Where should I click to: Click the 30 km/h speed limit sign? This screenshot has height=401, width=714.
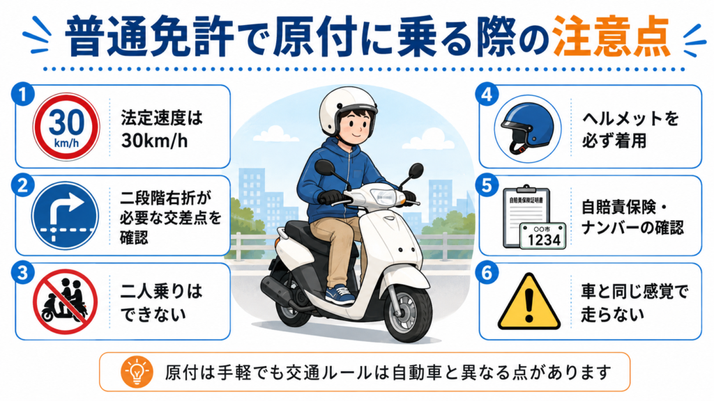click(66, 127)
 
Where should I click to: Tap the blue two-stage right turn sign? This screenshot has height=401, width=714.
click(65, 216)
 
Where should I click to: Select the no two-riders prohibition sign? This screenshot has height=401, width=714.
click(65, 301)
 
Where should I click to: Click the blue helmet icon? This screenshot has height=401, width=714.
click(527, 129)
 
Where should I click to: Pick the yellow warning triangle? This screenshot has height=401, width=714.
click(529, 301)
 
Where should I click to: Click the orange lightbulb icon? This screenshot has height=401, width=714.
click(137, 372)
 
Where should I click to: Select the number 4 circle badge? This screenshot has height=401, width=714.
click(487, 95)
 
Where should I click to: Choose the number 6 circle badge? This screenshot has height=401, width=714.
click(487, 273)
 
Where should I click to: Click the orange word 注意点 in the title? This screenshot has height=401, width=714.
click(611, 36)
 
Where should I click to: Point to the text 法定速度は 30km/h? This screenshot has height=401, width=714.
click(161, 129)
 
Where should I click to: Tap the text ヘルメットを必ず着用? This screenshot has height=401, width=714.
click(630, 129)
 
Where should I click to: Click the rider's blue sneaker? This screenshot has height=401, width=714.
click(339, 294)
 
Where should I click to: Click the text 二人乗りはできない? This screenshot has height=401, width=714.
click(161, 302)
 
